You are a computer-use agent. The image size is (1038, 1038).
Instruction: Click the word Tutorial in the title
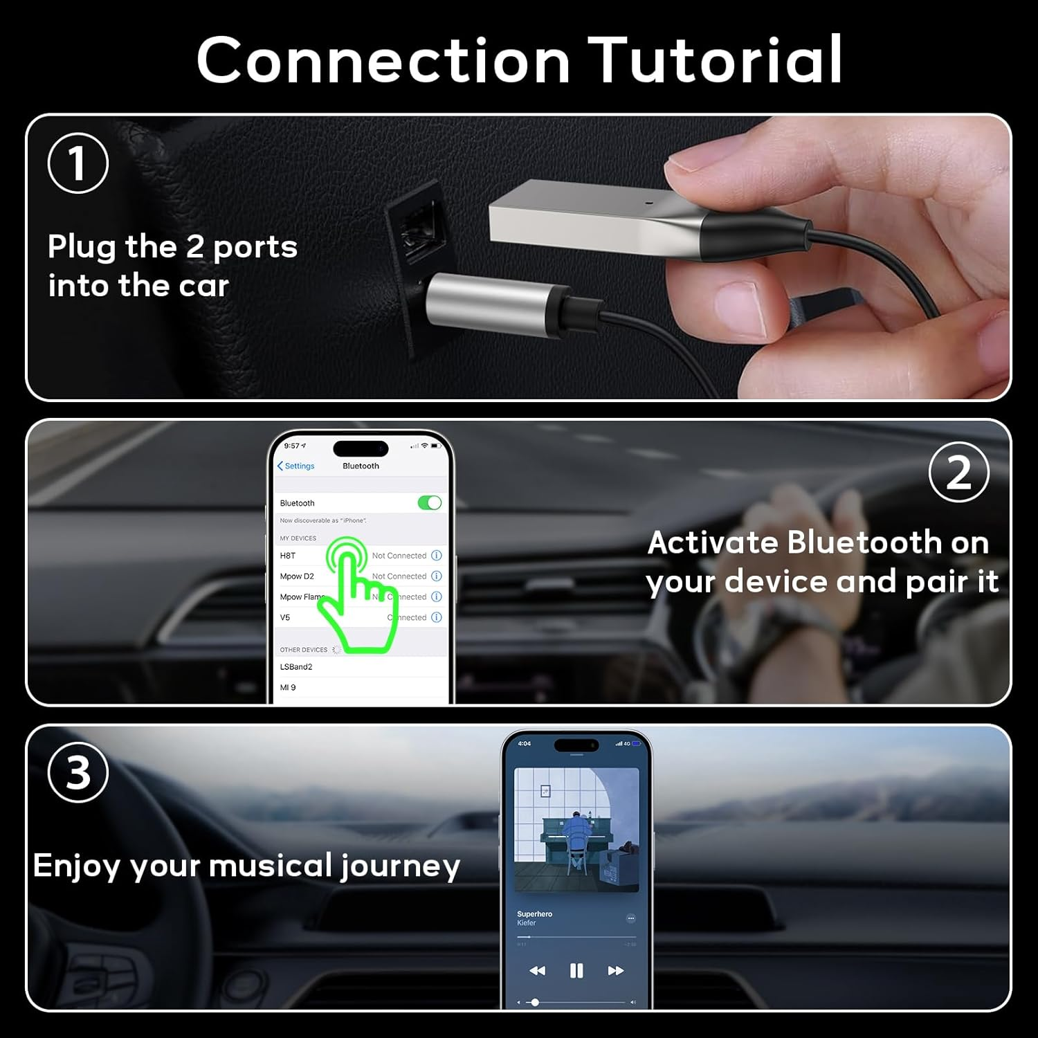pos(716,60)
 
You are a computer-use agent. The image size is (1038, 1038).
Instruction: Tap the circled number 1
pos(78,163)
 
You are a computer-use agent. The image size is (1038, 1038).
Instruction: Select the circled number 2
pos(958,473)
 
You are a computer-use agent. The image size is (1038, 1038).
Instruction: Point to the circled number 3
pos(78,772)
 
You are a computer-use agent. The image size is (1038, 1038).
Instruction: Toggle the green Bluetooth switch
pos(429,503)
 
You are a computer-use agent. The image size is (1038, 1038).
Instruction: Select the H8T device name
pos(288,556)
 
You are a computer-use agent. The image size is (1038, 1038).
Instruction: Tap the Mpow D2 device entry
pos(297,576)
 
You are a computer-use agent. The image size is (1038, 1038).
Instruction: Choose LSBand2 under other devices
pos(296,667)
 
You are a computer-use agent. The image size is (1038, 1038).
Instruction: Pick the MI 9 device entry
pos(288,688)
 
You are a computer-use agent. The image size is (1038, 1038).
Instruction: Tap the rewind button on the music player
pos(537,971)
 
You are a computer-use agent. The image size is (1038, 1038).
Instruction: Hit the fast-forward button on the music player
pos(615,971)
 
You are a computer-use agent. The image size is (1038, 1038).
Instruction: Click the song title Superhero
pos(534,914)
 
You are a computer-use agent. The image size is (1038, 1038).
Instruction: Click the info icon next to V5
pos(437,617)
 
